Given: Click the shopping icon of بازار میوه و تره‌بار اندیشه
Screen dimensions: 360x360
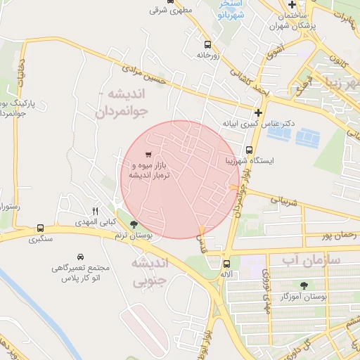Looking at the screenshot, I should coord(148,154).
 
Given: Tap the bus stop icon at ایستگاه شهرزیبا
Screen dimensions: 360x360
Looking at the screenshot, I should coord(250,149).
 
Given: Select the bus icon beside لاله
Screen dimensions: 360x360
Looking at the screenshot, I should coord(226,264).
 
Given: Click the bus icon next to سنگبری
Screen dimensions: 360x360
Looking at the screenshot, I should coord(40,228).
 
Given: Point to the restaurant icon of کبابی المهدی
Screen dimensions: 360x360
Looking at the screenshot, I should coord(96,210).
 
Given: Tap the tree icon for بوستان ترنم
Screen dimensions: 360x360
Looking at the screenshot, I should coord(134,225).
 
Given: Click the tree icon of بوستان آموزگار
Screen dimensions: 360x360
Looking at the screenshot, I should coord(304,285).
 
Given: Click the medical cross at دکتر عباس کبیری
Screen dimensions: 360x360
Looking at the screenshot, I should coord(259,112).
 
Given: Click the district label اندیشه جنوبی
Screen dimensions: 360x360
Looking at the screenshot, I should coord(149,274).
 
